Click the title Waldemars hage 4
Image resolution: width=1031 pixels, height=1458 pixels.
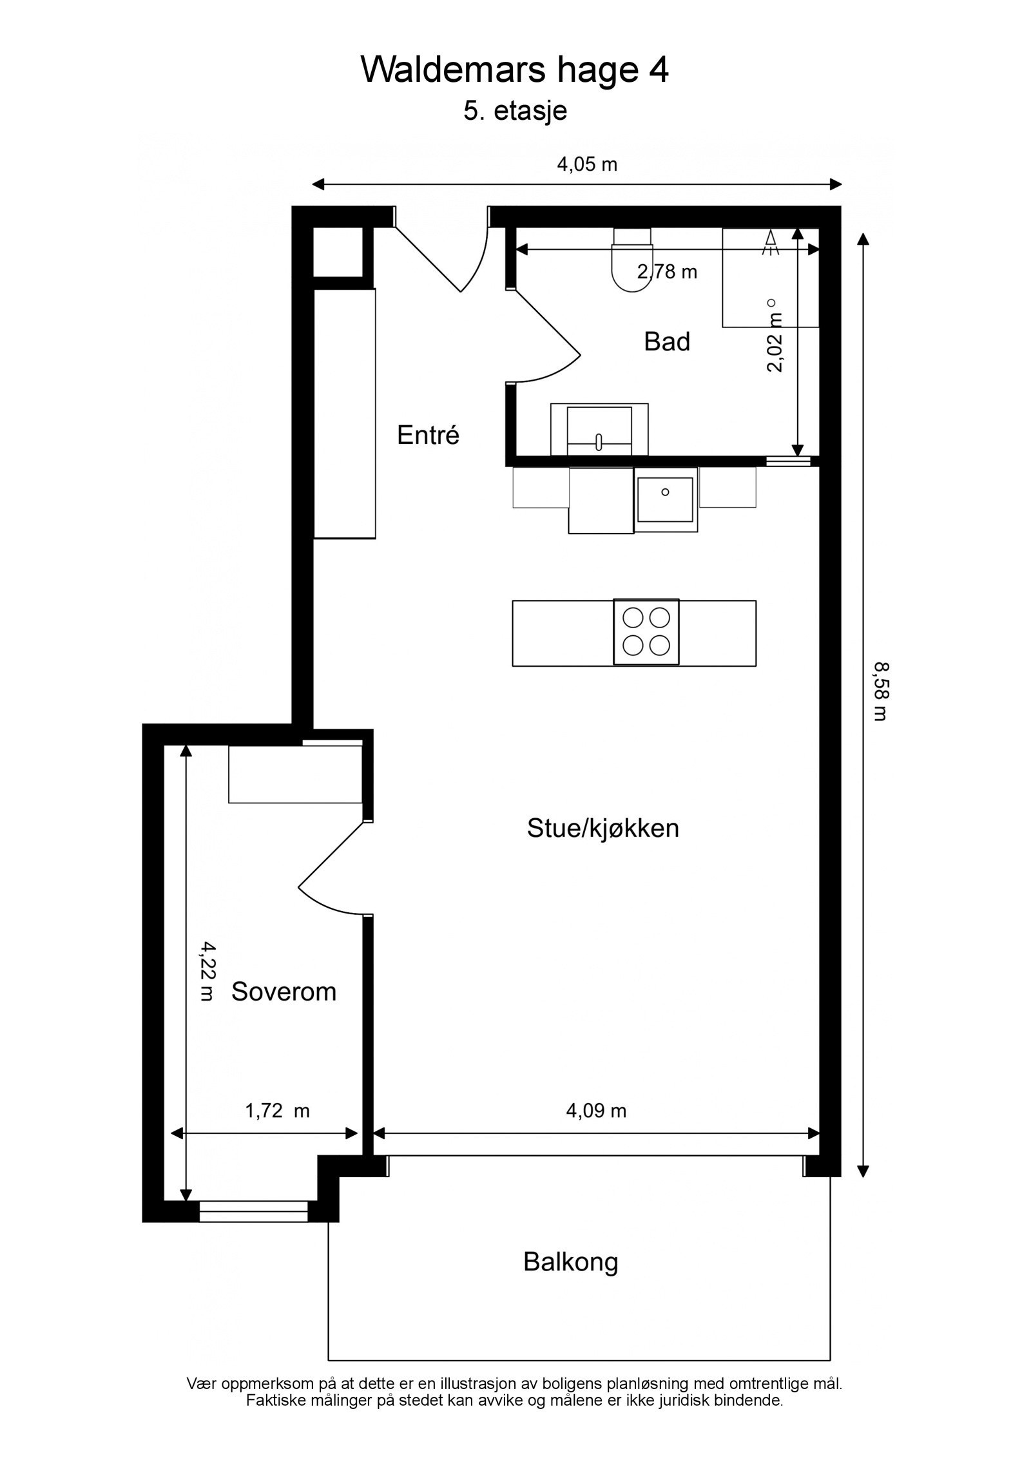click(514, 70)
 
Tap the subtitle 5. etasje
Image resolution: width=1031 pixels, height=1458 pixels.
click(515, 111)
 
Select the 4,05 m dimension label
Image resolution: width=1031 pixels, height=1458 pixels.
click(586, 165)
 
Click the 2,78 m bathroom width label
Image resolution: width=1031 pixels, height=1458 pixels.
click(667, 272)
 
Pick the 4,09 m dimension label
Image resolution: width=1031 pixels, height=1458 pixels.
click(596, 1110)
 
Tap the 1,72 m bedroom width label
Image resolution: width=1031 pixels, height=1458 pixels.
click(277, 1111)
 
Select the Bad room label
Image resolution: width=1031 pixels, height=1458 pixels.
click(666, 341)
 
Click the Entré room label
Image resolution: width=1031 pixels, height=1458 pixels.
click(428, 436)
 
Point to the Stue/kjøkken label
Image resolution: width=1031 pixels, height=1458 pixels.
click(602, 829)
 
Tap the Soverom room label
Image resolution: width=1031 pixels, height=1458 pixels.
click(284, 992)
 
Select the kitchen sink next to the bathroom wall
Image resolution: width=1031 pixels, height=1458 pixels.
click(665, 499)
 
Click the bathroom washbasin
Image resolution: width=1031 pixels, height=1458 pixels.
click(599, 429)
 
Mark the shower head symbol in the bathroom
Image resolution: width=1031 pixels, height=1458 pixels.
click(769, 243)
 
